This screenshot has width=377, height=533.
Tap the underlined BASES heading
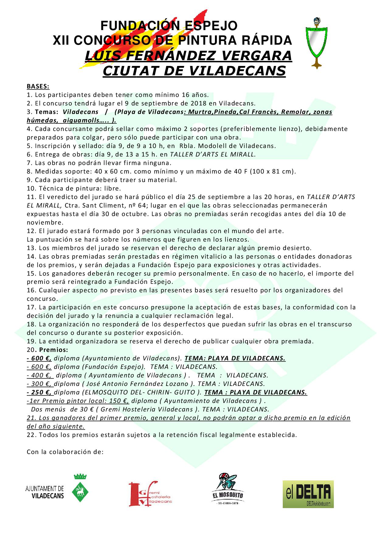click(38, 86)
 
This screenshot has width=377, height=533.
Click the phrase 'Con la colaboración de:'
click(65, 452)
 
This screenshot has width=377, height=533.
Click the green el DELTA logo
click(308, 494)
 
